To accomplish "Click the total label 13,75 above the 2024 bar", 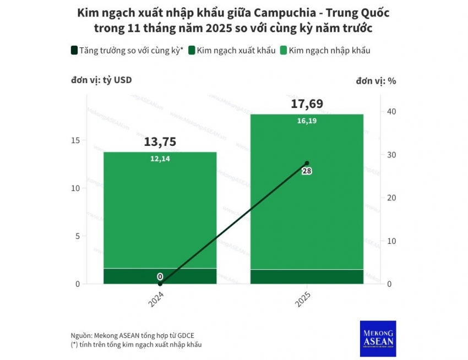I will [x=160, y=141].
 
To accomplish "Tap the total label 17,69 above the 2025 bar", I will [x=307, y=104].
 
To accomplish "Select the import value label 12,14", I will [x=160, y=159].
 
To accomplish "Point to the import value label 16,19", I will [x=307, y=121].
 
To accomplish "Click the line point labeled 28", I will [x=307, y=163].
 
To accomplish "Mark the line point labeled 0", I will [x=160, y=283].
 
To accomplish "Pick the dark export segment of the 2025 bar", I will [x=307, y=276].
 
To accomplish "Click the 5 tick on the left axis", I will [x=78, y=236].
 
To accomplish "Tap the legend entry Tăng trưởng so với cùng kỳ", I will [x=126, y=51].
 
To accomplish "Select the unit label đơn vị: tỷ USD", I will [x=101, y=80].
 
